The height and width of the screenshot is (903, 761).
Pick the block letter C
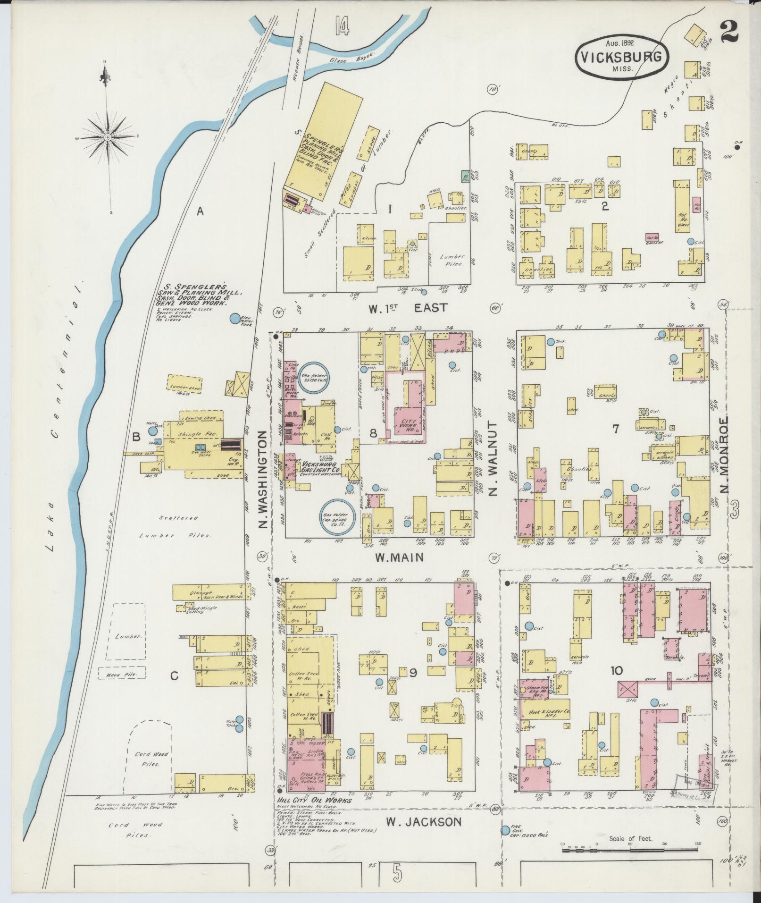point(174,676)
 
